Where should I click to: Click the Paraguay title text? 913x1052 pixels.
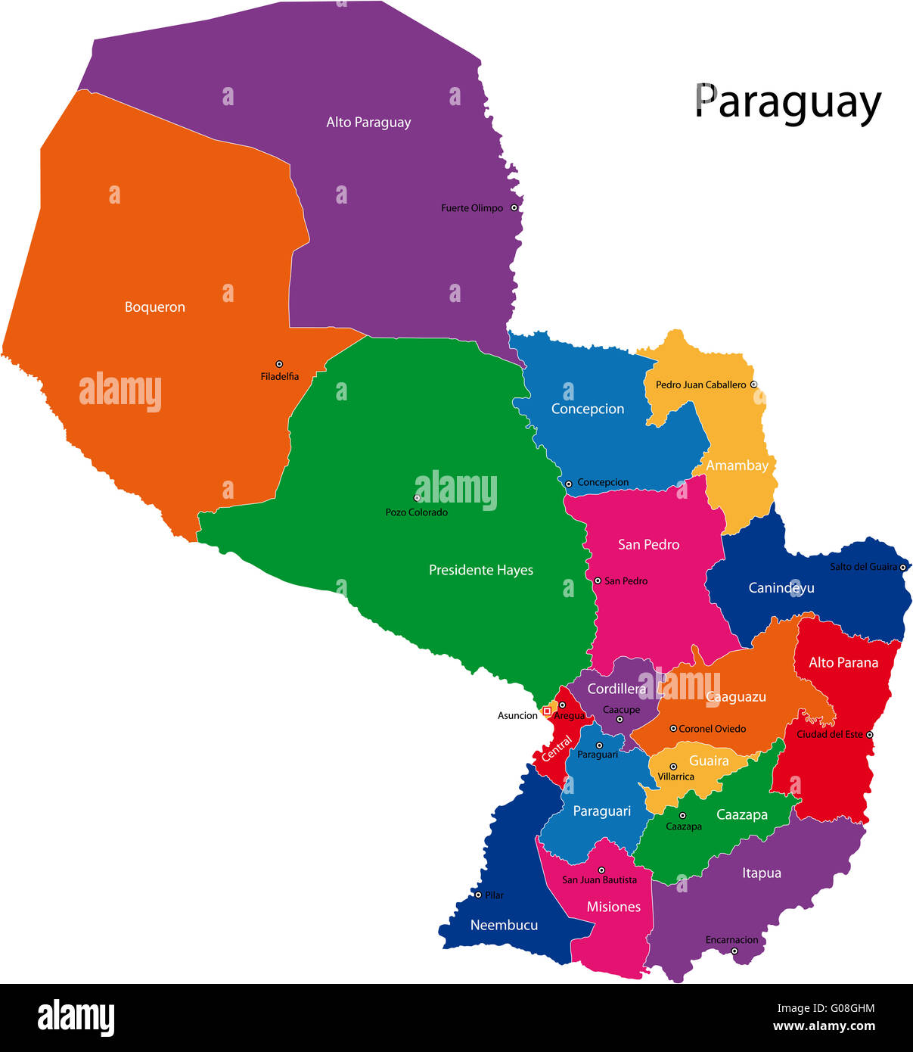(787, 103)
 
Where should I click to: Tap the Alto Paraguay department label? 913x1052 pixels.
(368, 122)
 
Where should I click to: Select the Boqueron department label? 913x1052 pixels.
(154, 307)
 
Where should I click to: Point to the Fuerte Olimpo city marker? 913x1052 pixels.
(514, 207)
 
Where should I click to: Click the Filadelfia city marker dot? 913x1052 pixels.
(279, 364)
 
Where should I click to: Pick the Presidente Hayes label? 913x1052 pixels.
(480, 570)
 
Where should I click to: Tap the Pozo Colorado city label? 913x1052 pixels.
(416, 512)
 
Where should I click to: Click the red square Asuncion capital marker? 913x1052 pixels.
(547, 711)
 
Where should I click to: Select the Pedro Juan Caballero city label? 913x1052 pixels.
(700, 384)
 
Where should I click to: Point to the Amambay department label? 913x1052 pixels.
(737, 465)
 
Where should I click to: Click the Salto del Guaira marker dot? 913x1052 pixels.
(902, 567)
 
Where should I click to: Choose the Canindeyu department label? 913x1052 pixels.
(781, 587)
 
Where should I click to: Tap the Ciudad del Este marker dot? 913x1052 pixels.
(870, 734)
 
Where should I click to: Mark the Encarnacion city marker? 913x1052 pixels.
(734, 951)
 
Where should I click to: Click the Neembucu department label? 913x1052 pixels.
(504, 925)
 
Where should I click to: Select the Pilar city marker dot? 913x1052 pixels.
(478, 895)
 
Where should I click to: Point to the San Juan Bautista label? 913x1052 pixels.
(599, 880)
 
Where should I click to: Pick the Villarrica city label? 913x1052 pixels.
(675, 777)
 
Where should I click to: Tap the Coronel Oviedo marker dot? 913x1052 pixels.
(673, 729)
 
